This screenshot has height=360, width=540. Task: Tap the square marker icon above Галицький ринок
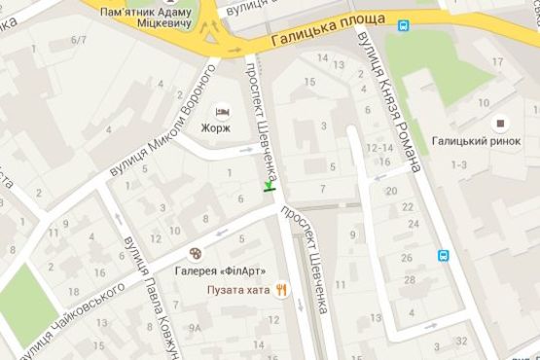[x=502, y=123]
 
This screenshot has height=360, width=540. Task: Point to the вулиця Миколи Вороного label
[x=162, y=126]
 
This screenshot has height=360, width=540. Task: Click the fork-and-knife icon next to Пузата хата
[x=281, y=289]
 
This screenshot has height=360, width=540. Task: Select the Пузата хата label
[x=237, y=289]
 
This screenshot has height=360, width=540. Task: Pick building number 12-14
[x=378, y=147]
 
